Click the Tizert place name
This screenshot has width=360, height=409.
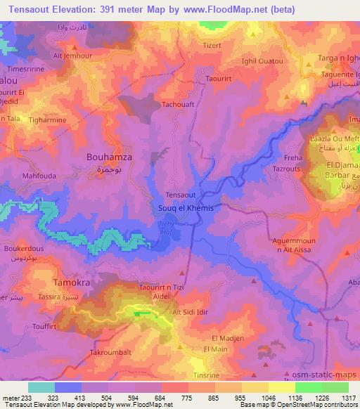pos(212,46)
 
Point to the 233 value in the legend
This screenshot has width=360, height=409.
pos(25,398)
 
